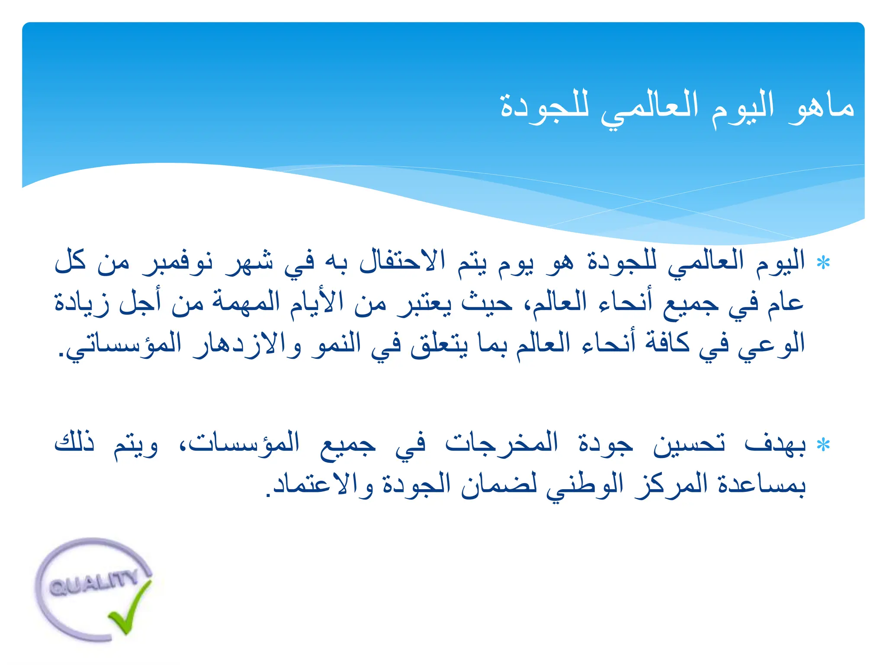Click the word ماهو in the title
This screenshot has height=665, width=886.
pos(821,107)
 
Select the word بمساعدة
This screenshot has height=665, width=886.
pos(761,484)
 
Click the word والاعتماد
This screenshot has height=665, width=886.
pos(323,484)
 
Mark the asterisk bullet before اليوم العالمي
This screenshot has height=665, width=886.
pos(823,263)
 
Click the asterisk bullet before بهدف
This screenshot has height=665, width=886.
pos(823,445)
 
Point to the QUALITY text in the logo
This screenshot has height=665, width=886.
pos(93,583)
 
